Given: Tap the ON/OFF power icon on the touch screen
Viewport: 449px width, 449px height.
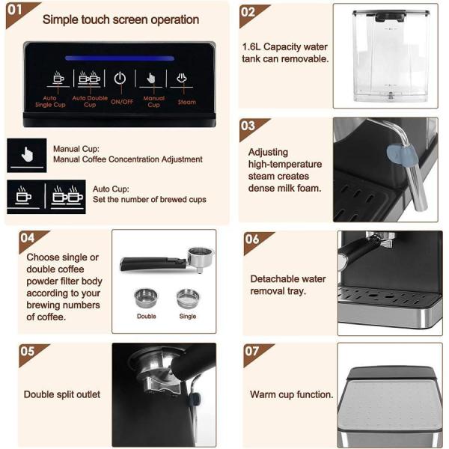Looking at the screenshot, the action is (120, 78).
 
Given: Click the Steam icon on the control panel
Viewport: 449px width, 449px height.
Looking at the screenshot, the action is (182, 78).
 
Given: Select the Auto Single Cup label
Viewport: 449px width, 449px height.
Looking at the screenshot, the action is (50, 101).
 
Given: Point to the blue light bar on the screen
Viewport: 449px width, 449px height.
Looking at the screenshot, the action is (120, 58).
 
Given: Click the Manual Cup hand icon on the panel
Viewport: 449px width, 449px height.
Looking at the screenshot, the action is (150, 78).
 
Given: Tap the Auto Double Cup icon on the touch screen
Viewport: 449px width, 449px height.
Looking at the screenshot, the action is (89, 77).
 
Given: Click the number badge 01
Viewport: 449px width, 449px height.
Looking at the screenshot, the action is (15, 10).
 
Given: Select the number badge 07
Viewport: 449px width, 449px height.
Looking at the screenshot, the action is (251, 351).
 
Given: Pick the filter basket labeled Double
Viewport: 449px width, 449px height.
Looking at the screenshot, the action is (146, 298).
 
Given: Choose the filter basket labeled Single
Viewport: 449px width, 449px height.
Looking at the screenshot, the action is (188, 298).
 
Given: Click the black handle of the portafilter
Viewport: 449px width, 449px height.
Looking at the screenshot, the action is (153, 263).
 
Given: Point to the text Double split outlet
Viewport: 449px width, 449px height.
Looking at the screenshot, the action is (62, 394).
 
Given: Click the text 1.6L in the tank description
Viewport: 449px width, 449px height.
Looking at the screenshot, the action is (251, 46).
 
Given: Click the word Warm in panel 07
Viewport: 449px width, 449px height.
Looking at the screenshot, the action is (263, 394).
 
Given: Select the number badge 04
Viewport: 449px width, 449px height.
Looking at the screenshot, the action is (27, 238).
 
